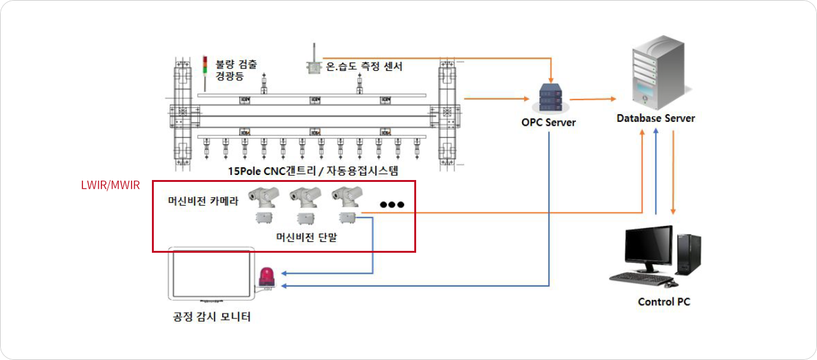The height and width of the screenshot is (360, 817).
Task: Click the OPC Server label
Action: (548, 122)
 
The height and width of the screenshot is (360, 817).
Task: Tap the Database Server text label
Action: (656, 118)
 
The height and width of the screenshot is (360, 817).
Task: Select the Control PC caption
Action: (664, 302)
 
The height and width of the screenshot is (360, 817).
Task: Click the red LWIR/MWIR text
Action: (110, 185)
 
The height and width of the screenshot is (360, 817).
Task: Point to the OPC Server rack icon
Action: (550, 98)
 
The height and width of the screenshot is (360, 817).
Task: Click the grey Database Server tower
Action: (660, 72)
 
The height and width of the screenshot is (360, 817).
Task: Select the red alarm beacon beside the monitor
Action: (267, 278)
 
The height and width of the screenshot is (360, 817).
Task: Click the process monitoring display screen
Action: (211, 274)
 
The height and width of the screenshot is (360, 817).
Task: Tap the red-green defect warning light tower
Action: (205, 73)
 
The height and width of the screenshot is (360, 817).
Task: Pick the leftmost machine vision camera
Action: (264, 197)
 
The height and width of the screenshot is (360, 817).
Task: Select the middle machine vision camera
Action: (305, 197)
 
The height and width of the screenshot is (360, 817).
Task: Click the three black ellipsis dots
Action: (392, 204)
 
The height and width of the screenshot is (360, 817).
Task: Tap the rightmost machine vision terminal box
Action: (347, 218)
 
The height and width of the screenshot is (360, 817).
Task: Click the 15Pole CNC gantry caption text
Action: (313, 170)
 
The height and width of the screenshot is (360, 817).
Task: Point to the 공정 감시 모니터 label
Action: (211, 316)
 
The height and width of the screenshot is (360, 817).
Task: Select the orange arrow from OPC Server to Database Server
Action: (593, 99)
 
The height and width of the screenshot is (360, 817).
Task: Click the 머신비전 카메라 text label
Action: (203, 200)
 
